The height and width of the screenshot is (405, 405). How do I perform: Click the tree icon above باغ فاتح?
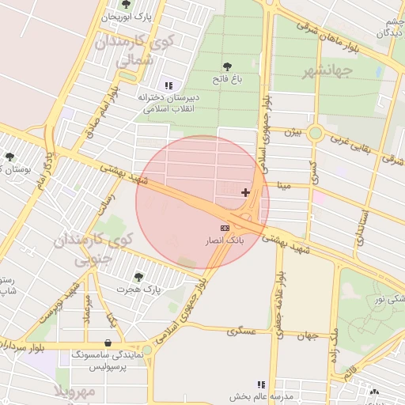pyautogui.click(x=228, y=67)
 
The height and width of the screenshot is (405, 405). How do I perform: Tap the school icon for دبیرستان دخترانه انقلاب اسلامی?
pyautogui.click(x=168, y=85)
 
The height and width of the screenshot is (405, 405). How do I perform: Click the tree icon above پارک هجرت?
pyautogui.click(x=139, y=277)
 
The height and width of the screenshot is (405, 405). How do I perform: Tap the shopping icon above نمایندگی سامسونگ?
pyautogui.click(x=108, y=343)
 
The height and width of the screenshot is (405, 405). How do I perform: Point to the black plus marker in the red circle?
pyautogui.click(x=245, y=191)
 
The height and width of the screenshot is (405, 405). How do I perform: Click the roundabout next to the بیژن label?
pyautogui.click(x=315, y=133)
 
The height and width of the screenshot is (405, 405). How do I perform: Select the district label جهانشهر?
pyautogui.click(x=326, y=72)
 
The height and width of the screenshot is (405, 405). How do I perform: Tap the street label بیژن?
pyautogui.click(x=293, y=132)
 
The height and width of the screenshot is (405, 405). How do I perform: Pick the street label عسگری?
pyautogui.click(x=242, y=331)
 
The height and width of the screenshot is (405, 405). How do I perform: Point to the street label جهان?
pyautogui.click(x=307, y=335)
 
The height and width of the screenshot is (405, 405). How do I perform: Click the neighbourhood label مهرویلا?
pyautogui.click(x=74, y=392)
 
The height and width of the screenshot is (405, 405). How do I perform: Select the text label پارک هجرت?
pyautogui.click(x=141, y=290)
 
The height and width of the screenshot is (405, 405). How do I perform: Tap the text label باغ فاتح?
pyautogui.click(x=226, y=80)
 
